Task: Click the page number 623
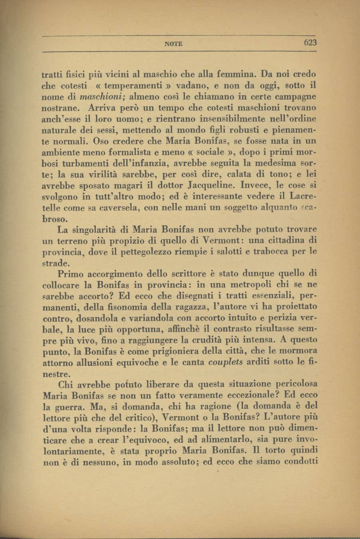(x=309, y=43)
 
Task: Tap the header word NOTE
(x=174, y=44)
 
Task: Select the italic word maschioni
(x=100, y=97)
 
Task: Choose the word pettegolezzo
(x=137, y=252)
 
